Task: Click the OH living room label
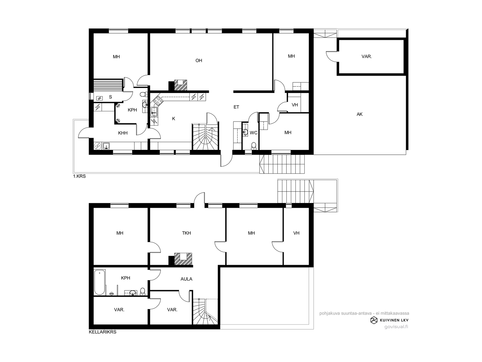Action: tap(199, 60)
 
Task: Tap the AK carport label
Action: tap(359, 114)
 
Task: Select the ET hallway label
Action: tap(236, 107)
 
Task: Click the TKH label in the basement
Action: tap(186, 233)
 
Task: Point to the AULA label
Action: tap(186, 279)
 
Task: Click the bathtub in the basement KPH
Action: tap(99, 282)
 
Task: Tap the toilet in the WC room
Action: tap(254, 146)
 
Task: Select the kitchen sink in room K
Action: tap(155, 112)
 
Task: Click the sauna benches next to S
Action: tap(108, 85)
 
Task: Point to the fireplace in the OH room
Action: tap(180, 85)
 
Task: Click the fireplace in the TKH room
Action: tap(183, 259)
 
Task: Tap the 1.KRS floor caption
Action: tap(80, 176)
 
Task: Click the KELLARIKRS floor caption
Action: tap(102, 332)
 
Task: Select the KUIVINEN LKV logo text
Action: tap(394, 320)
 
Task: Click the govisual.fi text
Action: tap(396, 327)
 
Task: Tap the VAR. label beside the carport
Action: tap(367, 56)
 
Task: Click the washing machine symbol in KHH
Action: tap(98, 146)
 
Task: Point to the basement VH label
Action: tap(296, 233)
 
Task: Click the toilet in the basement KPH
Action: tap(142, 291)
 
